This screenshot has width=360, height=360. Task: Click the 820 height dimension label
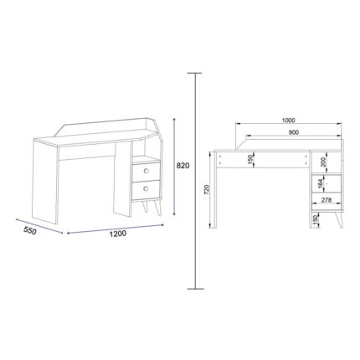coord(183,166)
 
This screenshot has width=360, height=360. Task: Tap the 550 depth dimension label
coord(30,231)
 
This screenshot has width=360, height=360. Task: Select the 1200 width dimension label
coord(117,234)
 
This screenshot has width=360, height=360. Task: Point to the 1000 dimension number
coord(288,121)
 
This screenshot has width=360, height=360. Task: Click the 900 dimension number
coord(294,132)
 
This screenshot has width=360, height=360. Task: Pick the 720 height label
coord(207,190)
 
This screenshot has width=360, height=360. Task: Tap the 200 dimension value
coord(323,162)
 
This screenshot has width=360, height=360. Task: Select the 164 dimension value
coord(320,183)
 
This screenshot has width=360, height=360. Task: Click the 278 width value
coord(326,200)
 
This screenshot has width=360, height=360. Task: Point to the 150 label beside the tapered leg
coord(315,220)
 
